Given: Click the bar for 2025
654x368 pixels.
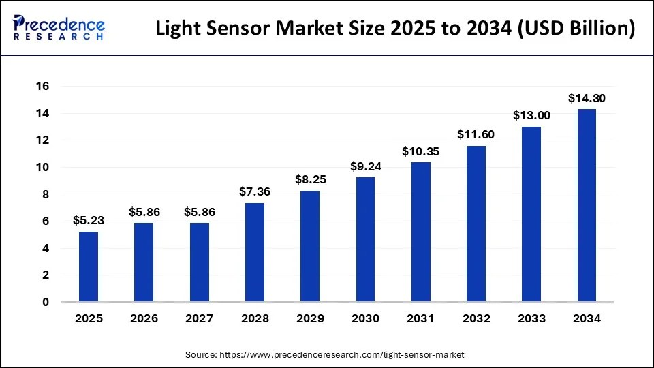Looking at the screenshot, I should tap(89, 266).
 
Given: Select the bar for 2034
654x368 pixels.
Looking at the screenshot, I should tap(587, 205).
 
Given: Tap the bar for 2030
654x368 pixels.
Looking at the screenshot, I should tap(365, 239).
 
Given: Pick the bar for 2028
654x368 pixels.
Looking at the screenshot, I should tap(255, 252).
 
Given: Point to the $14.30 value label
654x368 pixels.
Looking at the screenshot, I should tap(587, 98).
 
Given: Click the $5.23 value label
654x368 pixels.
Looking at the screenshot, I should tap(89, 220).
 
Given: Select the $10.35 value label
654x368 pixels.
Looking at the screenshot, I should tap(420, 151).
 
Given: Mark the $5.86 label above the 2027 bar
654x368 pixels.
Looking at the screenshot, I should tap(200, 212).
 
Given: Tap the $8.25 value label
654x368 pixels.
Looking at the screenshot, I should tap(310, 180).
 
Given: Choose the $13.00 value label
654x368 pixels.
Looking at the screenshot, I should tap(531, 116).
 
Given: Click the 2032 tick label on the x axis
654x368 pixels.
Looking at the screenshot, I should tap(476, 318).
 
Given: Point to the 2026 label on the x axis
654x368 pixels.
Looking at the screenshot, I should tap(144, 318).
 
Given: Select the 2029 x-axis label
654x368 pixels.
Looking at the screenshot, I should tap(310, 318).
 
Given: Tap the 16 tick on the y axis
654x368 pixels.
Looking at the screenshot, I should tap(43, 87).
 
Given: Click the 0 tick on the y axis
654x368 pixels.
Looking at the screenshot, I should tap(46, 302).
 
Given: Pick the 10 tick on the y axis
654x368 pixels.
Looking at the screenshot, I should tap(43, 168).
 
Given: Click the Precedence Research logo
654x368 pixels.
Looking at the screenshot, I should tap(59, 28).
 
